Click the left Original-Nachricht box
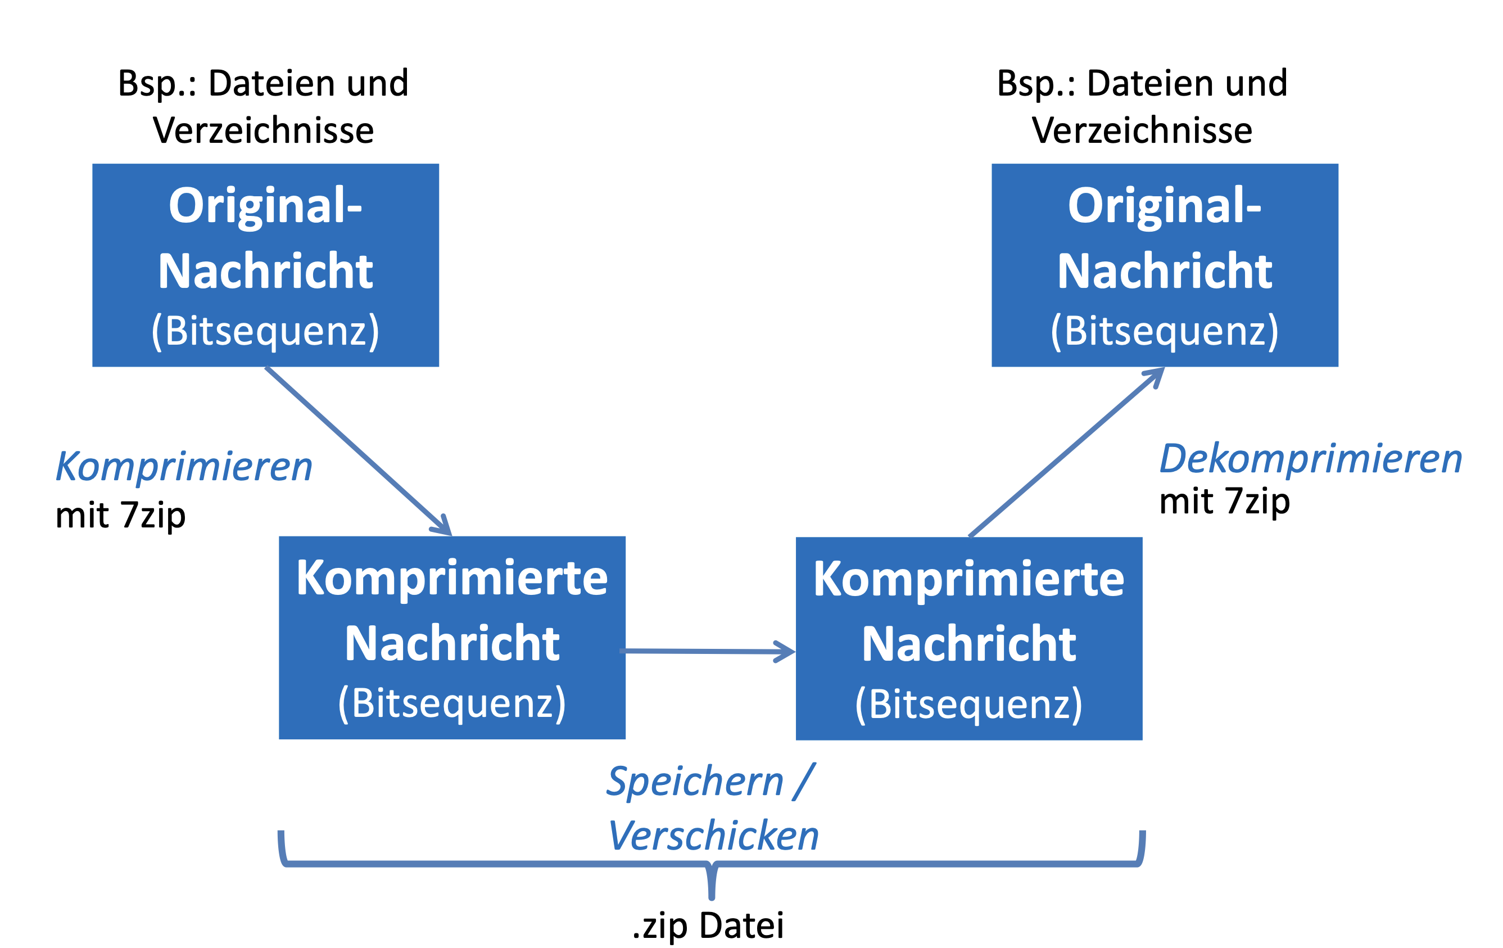265,265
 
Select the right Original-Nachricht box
1165,265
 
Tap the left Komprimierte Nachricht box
452,638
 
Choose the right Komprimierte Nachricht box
968,638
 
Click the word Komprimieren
184,467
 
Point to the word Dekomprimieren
1311,459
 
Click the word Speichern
695,782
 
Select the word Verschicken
713,836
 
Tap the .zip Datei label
708,926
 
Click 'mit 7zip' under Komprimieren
120,516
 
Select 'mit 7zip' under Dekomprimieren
1225,502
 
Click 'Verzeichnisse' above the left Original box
264,130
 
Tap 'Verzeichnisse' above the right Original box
1142,130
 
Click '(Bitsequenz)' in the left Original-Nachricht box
265,331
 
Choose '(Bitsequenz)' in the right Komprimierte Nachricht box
968,705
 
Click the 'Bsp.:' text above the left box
157,83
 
